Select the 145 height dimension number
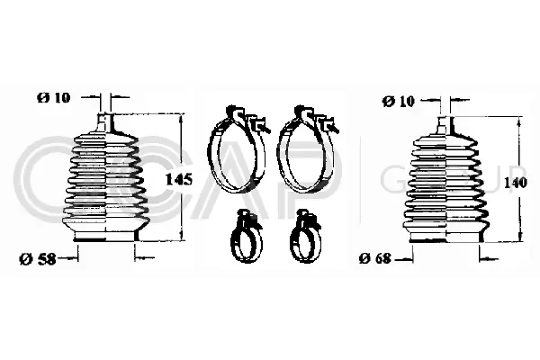pyautogui.click(x=180, y=179)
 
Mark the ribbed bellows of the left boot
pyautogui.click(x=107, y=180)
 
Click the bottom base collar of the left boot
pyautogui.click(x=107, y=237)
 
